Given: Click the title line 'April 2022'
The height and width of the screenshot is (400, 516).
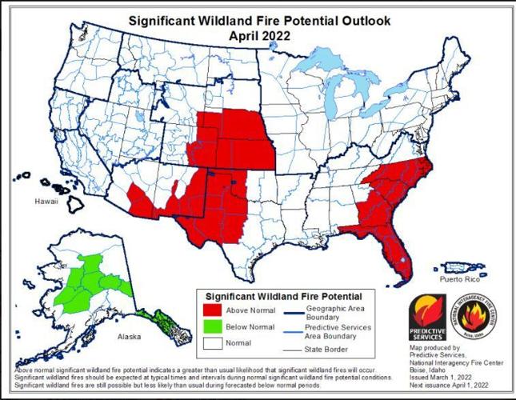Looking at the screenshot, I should pos(258,35).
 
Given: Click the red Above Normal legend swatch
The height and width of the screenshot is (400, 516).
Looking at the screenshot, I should pos(212,310).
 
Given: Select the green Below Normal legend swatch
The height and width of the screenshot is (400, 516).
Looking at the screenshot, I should pos(212,326).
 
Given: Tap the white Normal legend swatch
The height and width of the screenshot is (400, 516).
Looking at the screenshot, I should pos(212,342).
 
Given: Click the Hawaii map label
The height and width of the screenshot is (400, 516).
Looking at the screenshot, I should pos(46,202).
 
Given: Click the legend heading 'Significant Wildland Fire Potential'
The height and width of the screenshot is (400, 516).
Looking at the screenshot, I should pos(284,296).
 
